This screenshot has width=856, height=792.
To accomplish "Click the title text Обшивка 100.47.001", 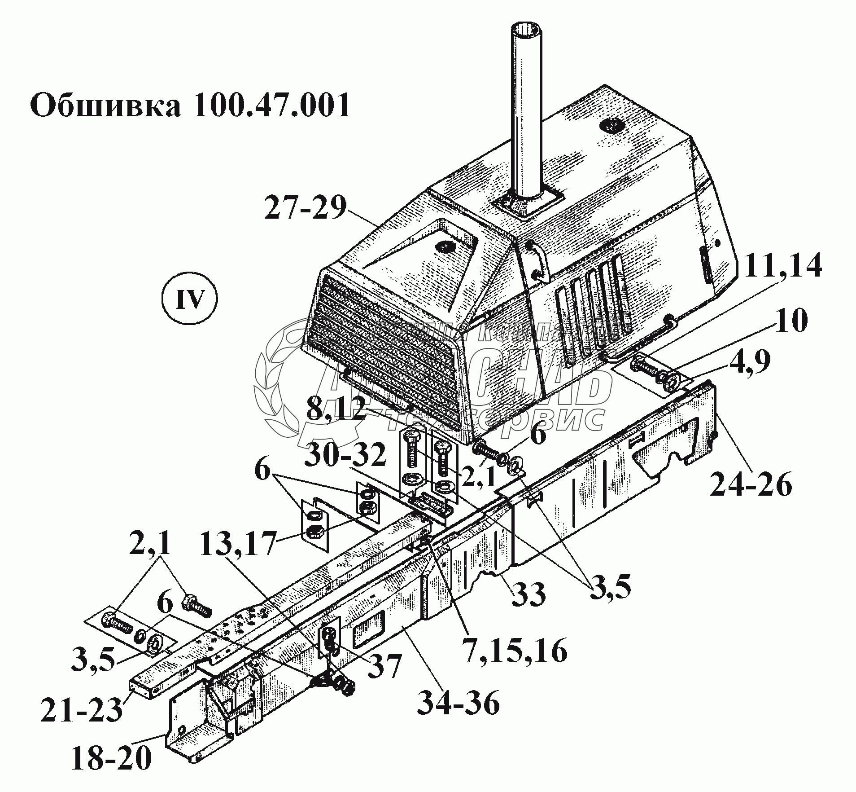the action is tap(189, 105).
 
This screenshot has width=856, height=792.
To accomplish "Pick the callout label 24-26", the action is tap(751, 485).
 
